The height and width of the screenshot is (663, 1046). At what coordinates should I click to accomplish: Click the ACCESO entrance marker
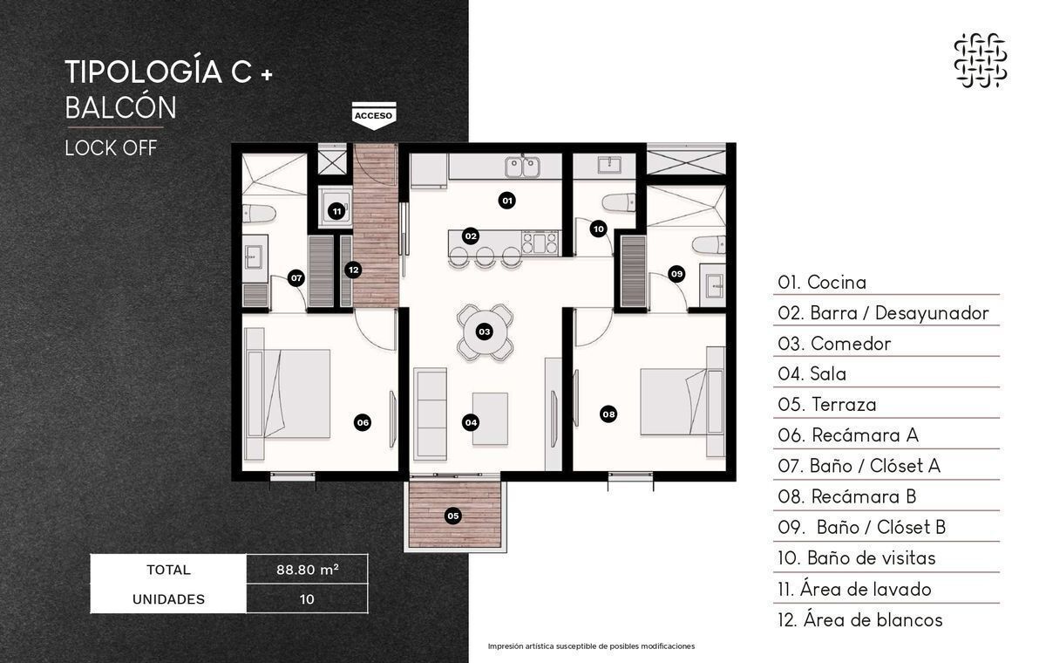[374, 115]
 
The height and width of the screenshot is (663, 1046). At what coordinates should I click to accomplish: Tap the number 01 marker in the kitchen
[506, 201]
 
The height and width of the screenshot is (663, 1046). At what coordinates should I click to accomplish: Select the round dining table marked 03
[485, 331]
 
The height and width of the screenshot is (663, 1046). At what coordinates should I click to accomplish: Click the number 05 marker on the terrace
[453, 516]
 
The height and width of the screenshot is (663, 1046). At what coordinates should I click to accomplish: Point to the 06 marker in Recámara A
[363, 423]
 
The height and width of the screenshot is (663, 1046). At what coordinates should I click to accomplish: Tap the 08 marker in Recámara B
[608, 414]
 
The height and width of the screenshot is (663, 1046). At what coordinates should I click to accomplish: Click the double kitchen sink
[523, 167]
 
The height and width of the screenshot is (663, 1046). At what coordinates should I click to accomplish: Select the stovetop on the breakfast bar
[540, 243]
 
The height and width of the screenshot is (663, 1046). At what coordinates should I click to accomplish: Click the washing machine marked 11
[336, 208]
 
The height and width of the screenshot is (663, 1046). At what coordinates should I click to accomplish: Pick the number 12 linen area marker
[354, 270]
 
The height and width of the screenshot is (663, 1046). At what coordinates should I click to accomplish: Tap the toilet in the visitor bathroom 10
[619, 203]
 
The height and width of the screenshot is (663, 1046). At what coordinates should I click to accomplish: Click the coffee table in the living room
[490, 419]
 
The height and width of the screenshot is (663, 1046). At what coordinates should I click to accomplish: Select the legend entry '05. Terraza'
[827, 405]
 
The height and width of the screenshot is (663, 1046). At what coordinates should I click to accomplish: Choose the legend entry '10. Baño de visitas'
[856, 557]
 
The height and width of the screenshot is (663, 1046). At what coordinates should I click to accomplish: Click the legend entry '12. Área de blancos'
[860, 620]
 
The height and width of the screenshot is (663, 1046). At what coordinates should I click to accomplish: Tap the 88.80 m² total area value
[307, 569]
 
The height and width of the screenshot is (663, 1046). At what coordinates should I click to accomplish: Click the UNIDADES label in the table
[168, 599]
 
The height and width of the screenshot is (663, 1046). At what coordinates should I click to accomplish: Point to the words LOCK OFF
[112, 148]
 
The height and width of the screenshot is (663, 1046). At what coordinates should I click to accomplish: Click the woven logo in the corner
[980, 60]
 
